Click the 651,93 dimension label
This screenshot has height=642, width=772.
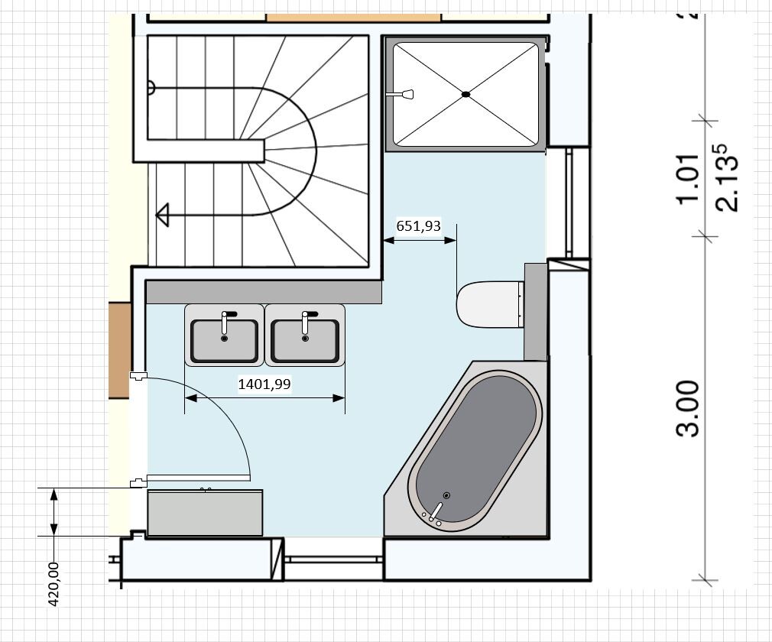click(x=419, y=226)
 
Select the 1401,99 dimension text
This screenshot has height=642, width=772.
click(x=264, y=384)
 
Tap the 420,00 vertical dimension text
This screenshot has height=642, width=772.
click(x=54, y=585)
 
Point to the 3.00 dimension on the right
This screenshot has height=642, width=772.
click(x=687, y=408)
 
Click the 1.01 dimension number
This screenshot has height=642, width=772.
click(x=688, y=179)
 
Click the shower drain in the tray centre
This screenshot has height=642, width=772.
click(x=465, y=94)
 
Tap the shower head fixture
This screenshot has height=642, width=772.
click(x=400, y=93)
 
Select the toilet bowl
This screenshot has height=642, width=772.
click(x=488, y=304)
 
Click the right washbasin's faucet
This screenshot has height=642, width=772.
click(x=307, y=321)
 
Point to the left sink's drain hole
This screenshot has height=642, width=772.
click(x=225, y=339)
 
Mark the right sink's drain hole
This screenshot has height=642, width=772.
click(x=305, y=339)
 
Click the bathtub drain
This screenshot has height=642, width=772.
click(x=446, y=495)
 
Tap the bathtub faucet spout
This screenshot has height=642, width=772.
click(x=436, y=511)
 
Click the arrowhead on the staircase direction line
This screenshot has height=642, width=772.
click(x=163, y=215)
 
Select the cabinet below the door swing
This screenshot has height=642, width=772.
click(x=205, y=513)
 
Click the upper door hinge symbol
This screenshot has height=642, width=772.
click(x=138, y=376)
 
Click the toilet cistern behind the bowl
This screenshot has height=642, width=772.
click(x=536, y=311)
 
